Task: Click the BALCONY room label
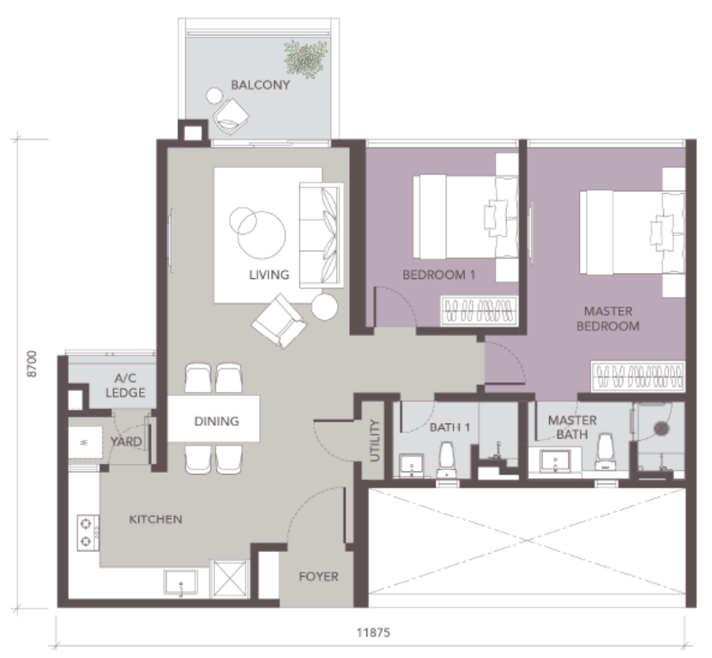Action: pos(260,85)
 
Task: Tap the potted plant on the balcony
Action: pos(305,58)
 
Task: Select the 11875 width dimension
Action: pos(373,632)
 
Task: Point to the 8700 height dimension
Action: pos(31,364)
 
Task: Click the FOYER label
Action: pos(318,577)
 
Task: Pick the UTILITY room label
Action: pos(375,440)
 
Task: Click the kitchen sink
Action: pos(180,582)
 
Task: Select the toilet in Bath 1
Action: pos(446,460)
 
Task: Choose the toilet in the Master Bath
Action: pos(605,453)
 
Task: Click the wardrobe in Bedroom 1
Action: pos(480,311)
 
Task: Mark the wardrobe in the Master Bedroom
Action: pos(638,376)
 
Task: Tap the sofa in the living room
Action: pos(321,235)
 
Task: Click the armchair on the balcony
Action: pos(231,116)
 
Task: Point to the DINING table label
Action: pos(216,421)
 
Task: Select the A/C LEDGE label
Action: pos(126,386)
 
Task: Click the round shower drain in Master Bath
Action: pos(661,428)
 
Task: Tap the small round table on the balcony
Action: pos(215,96)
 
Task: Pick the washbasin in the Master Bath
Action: pos(555,461)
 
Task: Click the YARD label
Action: pos(126,441)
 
